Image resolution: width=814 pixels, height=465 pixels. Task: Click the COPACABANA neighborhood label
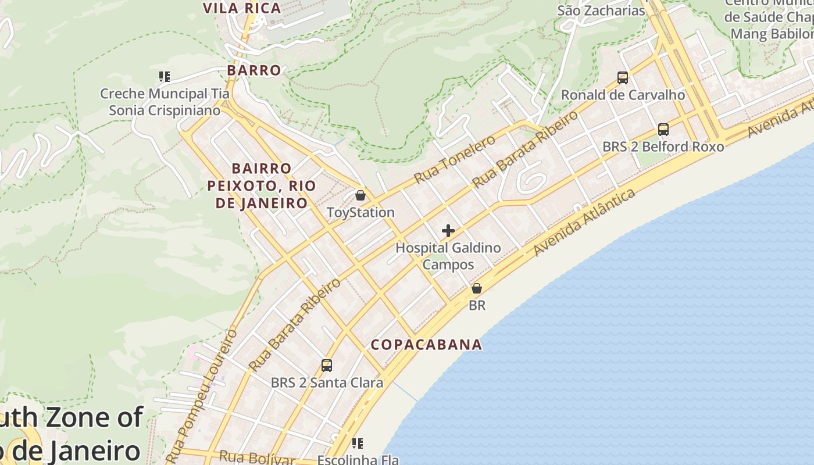pyautogui.click(x=426, y=344)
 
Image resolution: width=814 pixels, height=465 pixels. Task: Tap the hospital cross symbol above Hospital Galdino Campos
pyautogui.click(x=448, y=231)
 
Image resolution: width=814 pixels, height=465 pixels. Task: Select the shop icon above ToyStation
pyautogui.click(x=360, y=195)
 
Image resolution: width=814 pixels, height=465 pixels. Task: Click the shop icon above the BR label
pyautogui.click(x=477, y=288)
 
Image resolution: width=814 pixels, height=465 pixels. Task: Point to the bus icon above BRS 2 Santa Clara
pyautogui.click(x=327, y=366)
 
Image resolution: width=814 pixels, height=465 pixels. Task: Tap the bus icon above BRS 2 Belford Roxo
pyautogui.click(x=663, y=130)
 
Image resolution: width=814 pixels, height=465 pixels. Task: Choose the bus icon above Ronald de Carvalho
pyautogui.click(x=622, y=78)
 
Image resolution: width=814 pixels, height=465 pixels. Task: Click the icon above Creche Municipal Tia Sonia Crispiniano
pyautogui.click(x=165, y=77)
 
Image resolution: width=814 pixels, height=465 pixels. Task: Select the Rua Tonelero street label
pyautogui.click(x=455, y=159)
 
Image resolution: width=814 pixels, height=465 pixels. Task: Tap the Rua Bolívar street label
pyautogui.click(x=256, y=458)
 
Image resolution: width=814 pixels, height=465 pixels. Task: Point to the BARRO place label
pyautogui.click(x=254, y=70)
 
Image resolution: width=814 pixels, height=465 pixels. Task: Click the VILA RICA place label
pyautogui.click(x=242, y=8)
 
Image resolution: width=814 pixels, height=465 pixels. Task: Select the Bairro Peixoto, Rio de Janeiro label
pyautogui.click(x=261, y=185)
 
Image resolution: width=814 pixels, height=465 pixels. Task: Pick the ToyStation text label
pyautogui.click(x=360, y=212)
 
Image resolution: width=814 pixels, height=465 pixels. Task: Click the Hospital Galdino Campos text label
pyautogui.click(x=448, y=256)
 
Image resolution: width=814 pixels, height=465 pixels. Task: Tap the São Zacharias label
pyautogui.click(x=601, y=10)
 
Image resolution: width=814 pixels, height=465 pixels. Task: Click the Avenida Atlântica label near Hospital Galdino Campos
pyautogui.click(x=584, y=222)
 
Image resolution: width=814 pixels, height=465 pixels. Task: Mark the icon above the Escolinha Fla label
pyautogui.click(x=358, y=443)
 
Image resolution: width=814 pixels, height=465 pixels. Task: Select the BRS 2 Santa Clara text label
pyautogui.click(x=327, y=382)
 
